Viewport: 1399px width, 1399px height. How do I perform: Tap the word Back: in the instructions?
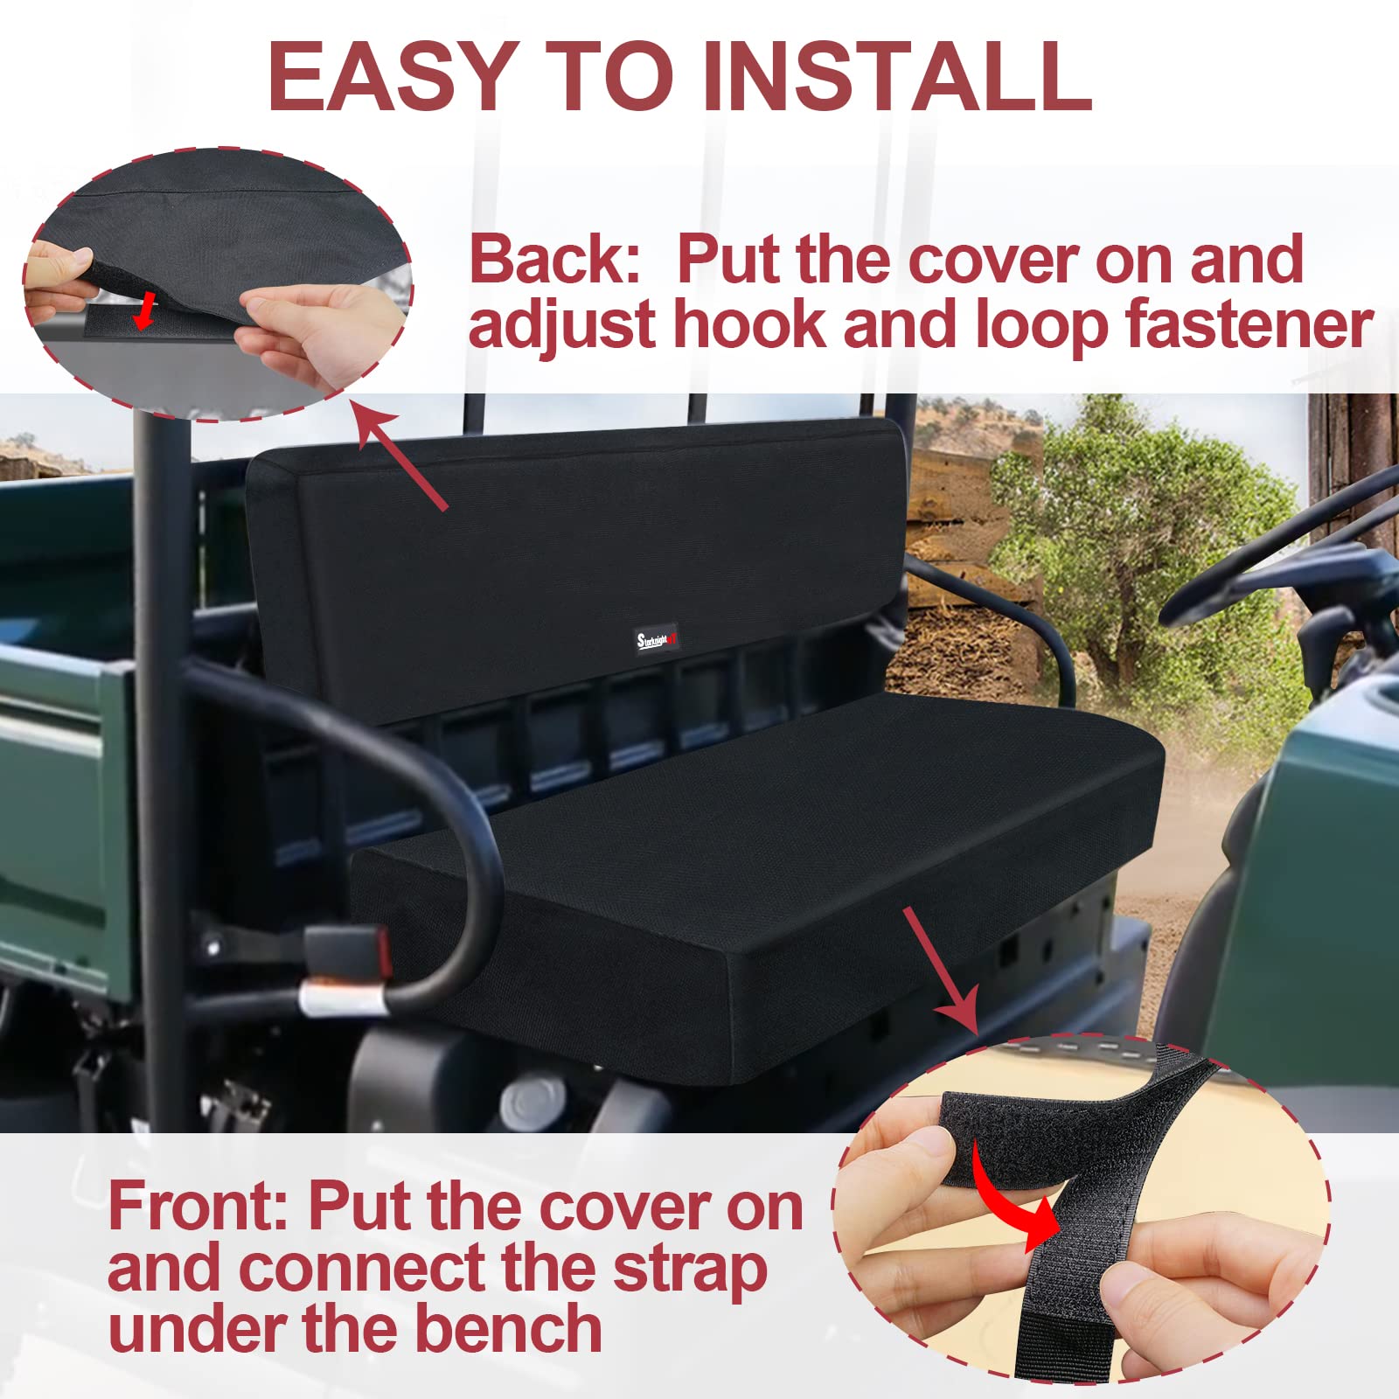[x=554, y=260]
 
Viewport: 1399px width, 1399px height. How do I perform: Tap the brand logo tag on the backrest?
[x=656, y=639]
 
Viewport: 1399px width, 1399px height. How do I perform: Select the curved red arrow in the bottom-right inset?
[x=1019, y=1215]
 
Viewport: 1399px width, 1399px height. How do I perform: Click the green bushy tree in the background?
[x=1137, y=542]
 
